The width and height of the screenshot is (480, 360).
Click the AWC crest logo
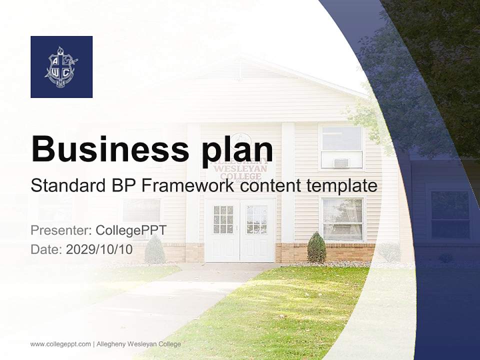pos(61,67)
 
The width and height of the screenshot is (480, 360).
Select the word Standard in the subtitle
pos(65,185)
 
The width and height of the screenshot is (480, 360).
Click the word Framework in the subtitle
pos(187,185)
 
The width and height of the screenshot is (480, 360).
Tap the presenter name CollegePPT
pos(131,230)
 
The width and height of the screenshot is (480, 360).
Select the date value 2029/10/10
pos(99,249)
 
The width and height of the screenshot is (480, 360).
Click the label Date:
pos(46,249)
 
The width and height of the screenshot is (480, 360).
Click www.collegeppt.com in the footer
pos(60,344)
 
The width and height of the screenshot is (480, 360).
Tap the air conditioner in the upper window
pos(341,162)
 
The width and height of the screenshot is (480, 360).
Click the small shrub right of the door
pos(316,247)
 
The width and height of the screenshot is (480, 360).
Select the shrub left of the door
pos(154,250)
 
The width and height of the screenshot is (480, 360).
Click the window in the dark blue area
pos(450,214)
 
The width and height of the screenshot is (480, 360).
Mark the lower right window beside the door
pos(342,219)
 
